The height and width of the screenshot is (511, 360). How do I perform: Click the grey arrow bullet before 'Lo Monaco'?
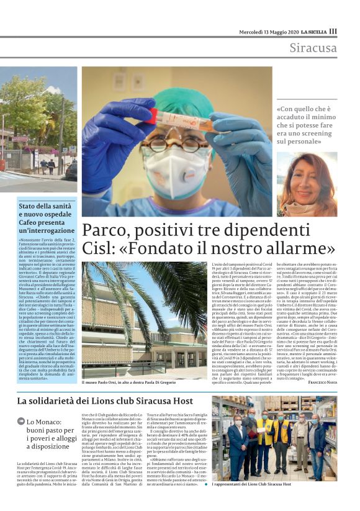point(21,422)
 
